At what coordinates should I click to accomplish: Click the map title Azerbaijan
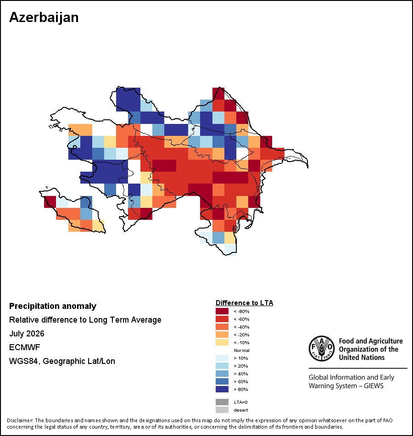pyautogui.click(x=44, y=18)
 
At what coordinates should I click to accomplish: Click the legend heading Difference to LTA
pyautogui.click(x=244, y=303)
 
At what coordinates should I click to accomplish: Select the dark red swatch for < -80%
pyautogui.click(x=222, y=311)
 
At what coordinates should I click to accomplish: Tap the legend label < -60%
pyautogui.click(x=241, y=319)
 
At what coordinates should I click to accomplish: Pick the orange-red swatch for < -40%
pyautogui.click(x=222, y=327)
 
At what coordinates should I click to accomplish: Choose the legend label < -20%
pyautogui.click(x=241, y=335)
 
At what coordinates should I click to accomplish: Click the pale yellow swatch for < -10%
pyautogui.click(x=222, y=342)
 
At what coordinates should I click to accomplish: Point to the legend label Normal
pyautogui.click(x=242, y=350)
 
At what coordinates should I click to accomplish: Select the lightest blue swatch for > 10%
pyautogui.click(x=222, y=358)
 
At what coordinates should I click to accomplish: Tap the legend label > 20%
pyautogui.click(x=241, y=366)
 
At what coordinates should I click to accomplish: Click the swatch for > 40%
pyautogui.click(x=222, y=374)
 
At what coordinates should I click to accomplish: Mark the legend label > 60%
pyautogui.click(x=241, y=381)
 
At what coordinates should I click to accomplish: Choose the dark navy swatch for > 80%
pyautogui.click(x=222, y=389)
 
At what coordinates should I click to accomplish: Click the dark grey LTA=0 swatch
pyautogui.click(x=222, y=402)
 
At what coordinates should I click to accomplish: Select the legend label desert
pyautogui.click(x=241, y=410)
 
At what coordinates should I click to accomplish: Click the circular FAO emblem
pyautogui.click(x=322, y=348)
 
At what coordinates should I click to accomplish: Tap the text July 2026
pyautogui.click(x=27, y=333)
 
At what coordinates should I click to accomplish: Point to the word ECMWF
pyautogui.click(x=24, y=347)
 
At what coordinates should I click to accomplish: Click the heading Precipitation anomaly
pyautogui.click(x=53, y=306)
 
